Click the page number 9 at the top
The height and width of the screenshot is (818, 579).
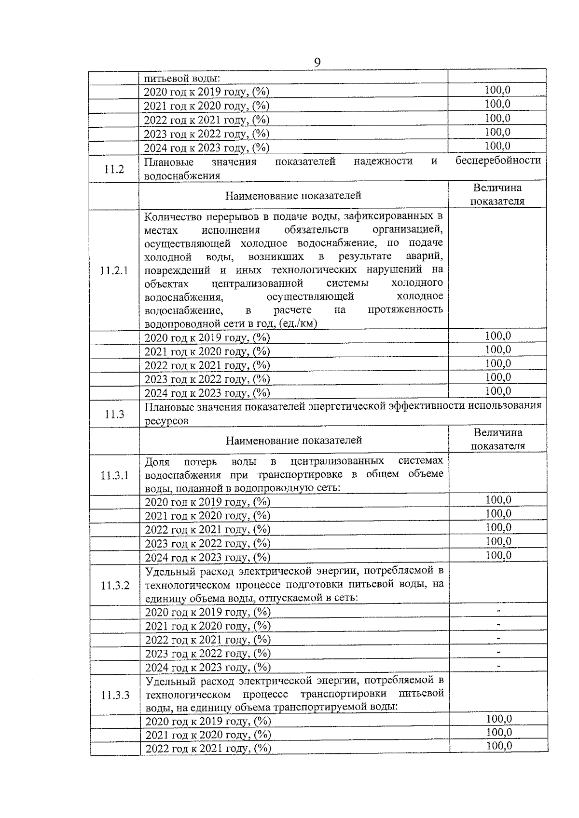point(317,62)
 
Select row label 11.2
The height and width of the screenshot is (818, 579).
point(114,169)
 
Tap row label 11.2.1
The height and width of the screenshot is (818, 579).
point(114,270)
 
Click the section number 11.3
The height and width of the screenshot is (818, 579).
point(114,414)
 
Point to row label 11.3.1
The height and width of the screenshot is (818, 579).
point(115,475)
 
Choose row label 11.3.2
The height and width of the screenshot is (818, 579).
point(115,585)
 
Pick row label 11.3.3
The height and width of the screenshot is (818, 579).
point(115,695)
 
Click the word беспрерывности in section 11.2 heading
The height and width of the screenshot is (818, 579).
point(498,161)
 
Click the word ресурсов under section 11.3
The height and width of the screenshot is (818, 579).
point(166,421)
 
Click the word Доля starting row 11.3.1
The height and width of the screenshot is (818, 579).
point(157,462)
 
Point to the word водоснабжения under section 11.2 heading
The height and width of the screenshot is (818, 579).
point(182,176)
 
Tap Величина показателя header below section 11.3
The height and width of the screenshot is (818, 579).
point(497,439)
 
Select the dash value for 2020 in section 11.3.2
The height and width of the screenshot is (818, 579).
point(498,612)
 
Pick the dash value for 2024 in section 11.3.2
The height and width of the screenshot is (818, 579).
point(498,667)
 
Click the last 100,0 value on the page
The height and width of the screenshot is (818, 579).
point(499,746)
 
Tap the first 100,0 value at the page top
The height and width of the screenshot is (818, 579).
point(497,90)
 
